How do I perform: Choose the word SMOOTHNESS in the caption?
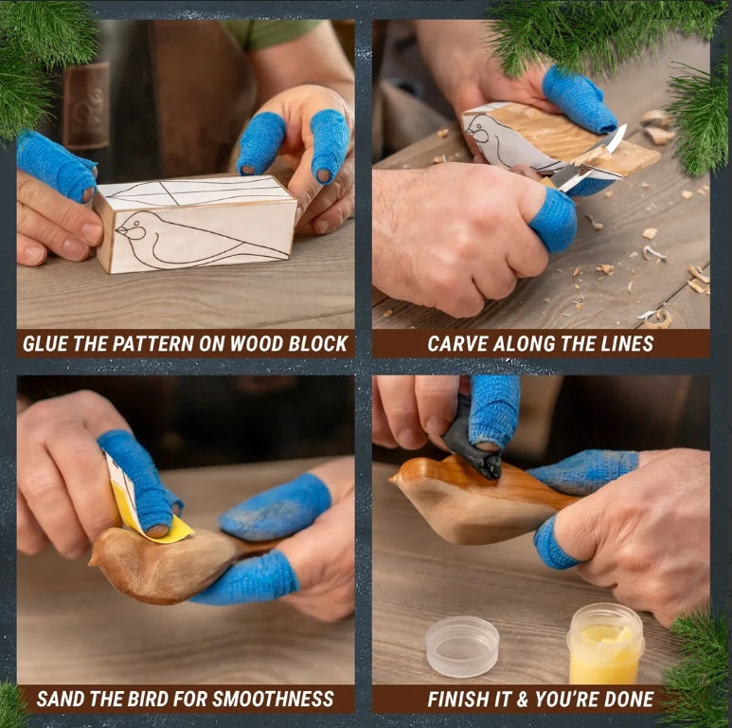point(273,699)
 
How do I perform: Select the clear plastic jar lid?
point(462,646)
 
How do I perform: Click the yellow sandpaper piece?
point(151,511)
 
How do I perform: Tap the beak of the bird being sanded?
point(93,559)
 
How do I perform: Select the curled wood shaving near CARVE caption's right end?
point(657,319)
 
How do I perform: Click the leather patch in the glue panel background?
point(86,105)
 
